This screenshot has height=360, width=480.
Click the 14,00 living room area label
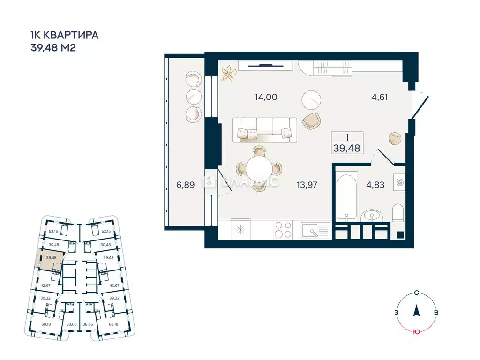266,97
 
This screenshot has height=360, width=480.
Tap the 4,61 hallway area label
380,97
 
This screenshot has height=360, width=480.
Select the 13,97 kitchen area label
307,185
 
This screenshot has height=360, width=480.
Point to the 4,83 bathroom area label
375,185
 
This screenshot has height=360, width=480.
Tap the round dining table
257,168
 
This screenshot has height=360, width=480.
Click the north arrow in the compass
416,310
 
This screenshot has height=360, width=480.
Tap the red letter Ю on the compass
415,332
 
